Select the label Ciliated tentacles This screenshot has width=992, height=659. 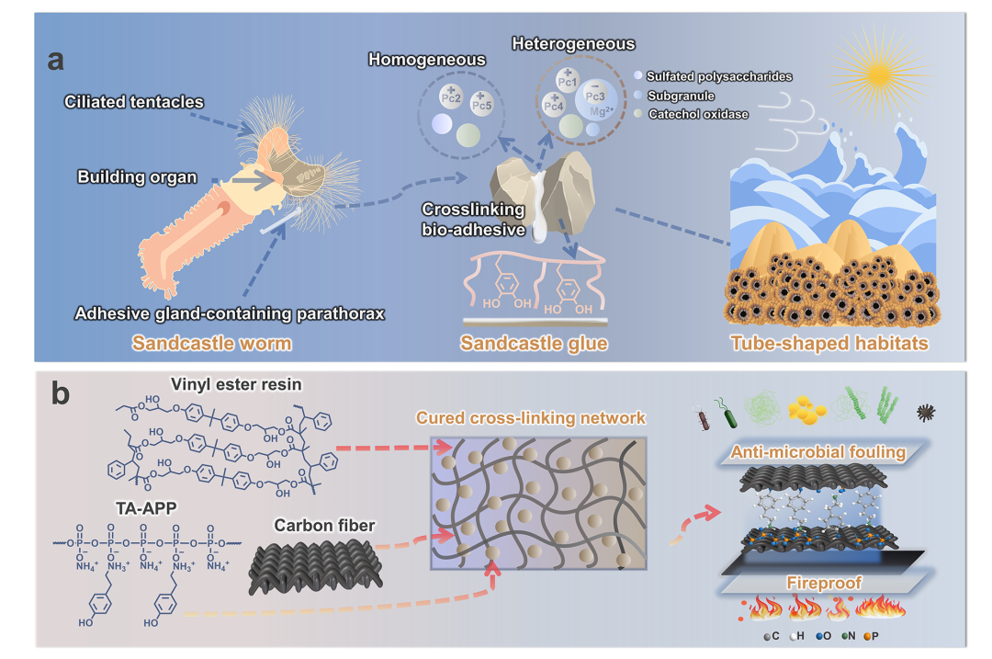(x=134, y=100)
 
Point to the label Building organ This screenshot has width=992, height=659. (x=138, y=176)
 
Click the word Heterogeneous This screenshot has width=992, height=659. (x=573, y=43)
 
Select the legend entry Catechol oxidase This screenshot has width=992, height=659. (x=697, y=115)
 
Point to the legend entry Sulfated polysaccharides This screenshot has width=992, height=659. (x=719, y=76)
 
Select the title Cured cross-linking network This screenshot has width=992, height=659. (x=531, y=418)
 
